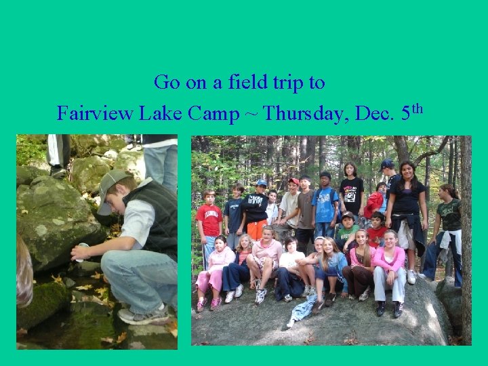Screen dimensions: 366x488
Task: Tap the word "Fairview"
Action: (x=95, y=113)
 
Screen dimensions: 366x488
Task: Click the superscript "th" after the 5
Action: (x=417, y=108)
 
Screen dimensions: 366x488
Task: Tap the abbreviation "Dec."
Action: (x=373, y=113)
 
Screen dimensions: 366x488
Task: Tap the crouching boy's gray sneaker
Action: (x=143, y=315)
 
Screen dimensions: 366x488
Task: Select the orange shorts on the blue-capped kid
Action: (x=256, y=230)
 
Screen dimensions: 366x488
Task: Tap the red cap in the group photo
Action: (x=293, y=182)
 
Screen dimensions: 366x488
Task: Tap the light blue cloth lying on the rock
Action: (x=304, y=309)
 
